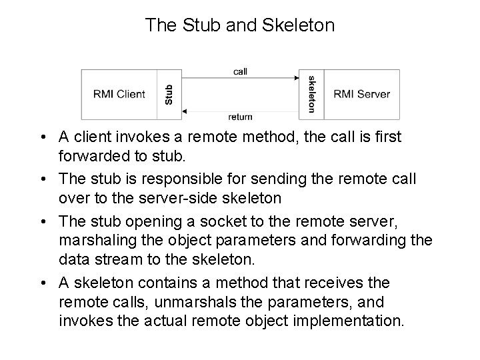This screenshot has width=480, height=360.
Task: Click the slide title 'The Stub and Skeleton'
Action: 240,25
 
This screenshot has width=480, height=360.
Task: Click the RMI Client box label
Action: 119,94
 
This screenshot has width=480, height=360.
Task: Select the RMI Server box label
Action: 362,94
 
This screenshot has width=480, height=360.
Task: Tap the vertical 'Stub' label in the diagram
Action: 169,94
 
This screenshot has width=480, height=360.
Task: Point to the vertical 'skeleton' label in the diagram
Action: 311,93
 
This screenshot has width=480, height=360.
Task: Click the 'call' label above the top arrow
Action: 241,71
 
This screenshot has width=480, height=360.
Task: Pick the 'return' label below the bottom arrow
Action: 240,117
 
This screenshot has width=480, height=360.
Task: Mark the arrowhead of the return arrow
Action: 185,109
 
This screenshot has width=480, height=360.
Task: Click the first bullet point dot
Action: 42,137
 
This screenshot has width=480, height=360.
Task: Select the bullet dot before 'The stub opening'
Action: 42,221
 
